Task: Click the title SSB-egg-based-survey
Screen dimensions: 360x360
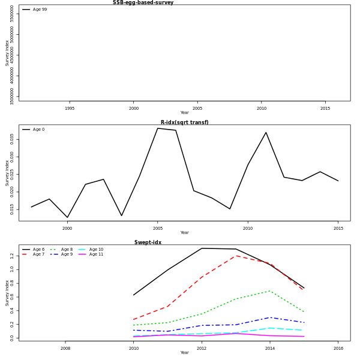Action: click(x=143, y=2)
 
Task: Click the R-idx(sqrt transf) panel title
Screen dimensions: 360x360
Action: click(x=184, y=122)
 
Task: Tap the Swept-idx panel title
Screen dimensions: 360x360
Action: click(x=148, y=242)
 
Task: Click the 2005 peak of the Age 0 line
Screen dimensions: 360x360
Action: click(x=158, y=128)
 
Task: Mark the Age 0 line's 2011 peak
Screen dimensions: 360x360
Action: click(x=266, y=133)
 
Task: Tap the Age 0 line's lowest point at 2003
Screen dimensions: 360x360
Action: click(x=122, y=216)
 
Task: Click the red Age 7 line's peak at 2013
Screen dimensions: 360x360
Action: click(x=236, y=256)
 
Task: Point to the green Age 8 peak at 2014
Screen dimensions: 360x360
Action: click(x=270, y=291)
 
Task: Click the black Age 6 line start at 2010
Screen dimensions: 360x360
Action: click(x=133, y=295)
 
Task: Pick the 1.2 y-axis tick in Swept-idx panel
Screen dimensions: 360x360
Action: click(x=11, y=256)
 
